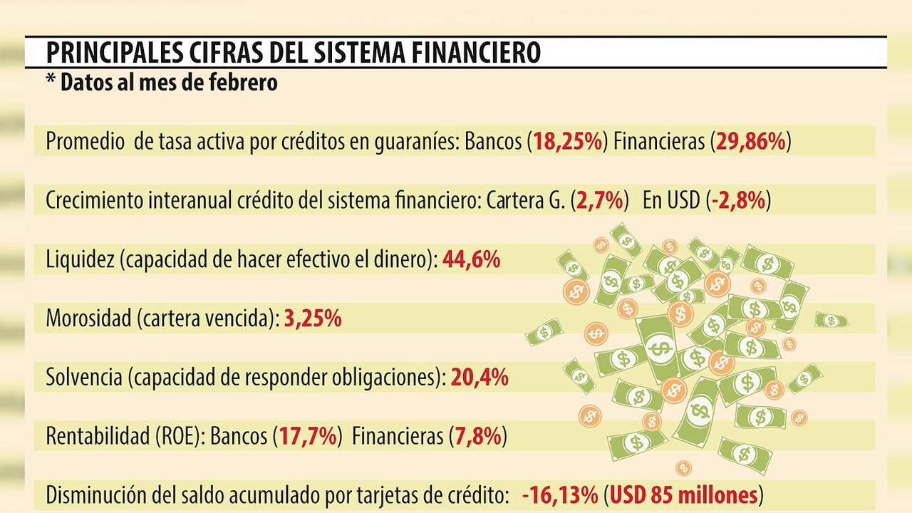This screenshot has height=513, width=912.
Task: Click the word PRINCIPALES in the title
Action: tap(115, 52)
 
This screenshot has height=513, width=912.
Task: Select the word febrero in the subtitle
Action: tap(243, 82)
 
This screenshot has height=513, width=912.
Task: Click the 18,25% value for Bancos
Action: tap(568, 141)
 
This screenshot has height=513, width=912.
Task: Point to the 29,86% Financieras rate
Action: tap(751, 141)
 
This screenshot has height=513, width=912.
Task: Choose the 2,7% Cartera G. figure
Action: tap(600, 200)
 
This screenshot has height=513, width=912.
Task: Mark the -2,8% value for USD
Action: tap(739, 200)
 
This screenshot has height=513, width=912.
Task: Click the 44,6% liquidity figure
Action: tap(472, 259)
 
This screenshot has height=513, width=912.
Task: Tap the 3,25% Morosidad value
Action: tap(313, 318)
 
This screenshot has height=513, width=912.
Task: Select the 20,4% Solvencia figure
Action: tap(480, 378)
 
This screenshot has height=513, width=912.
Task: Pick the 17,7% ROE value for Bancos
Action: tap(309, 437)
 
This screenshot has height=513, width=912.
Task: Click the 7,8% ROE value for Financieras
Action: tap(478, 437)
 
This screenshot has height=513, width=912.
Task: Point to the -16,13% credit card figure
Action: tap(560, 495)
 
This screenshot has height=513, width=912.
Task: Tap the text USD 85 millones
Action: tap(684, 495)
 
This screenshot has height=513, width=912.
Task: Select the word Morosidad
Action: tap(89, 318)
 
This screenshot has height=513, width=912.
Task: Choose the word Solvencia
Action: tap(84, 378)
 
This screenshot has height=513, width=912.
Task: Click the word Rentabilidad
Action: tap(98, 437)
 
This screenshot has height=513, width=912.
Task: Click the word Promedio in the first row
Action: tap(85, 141)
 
